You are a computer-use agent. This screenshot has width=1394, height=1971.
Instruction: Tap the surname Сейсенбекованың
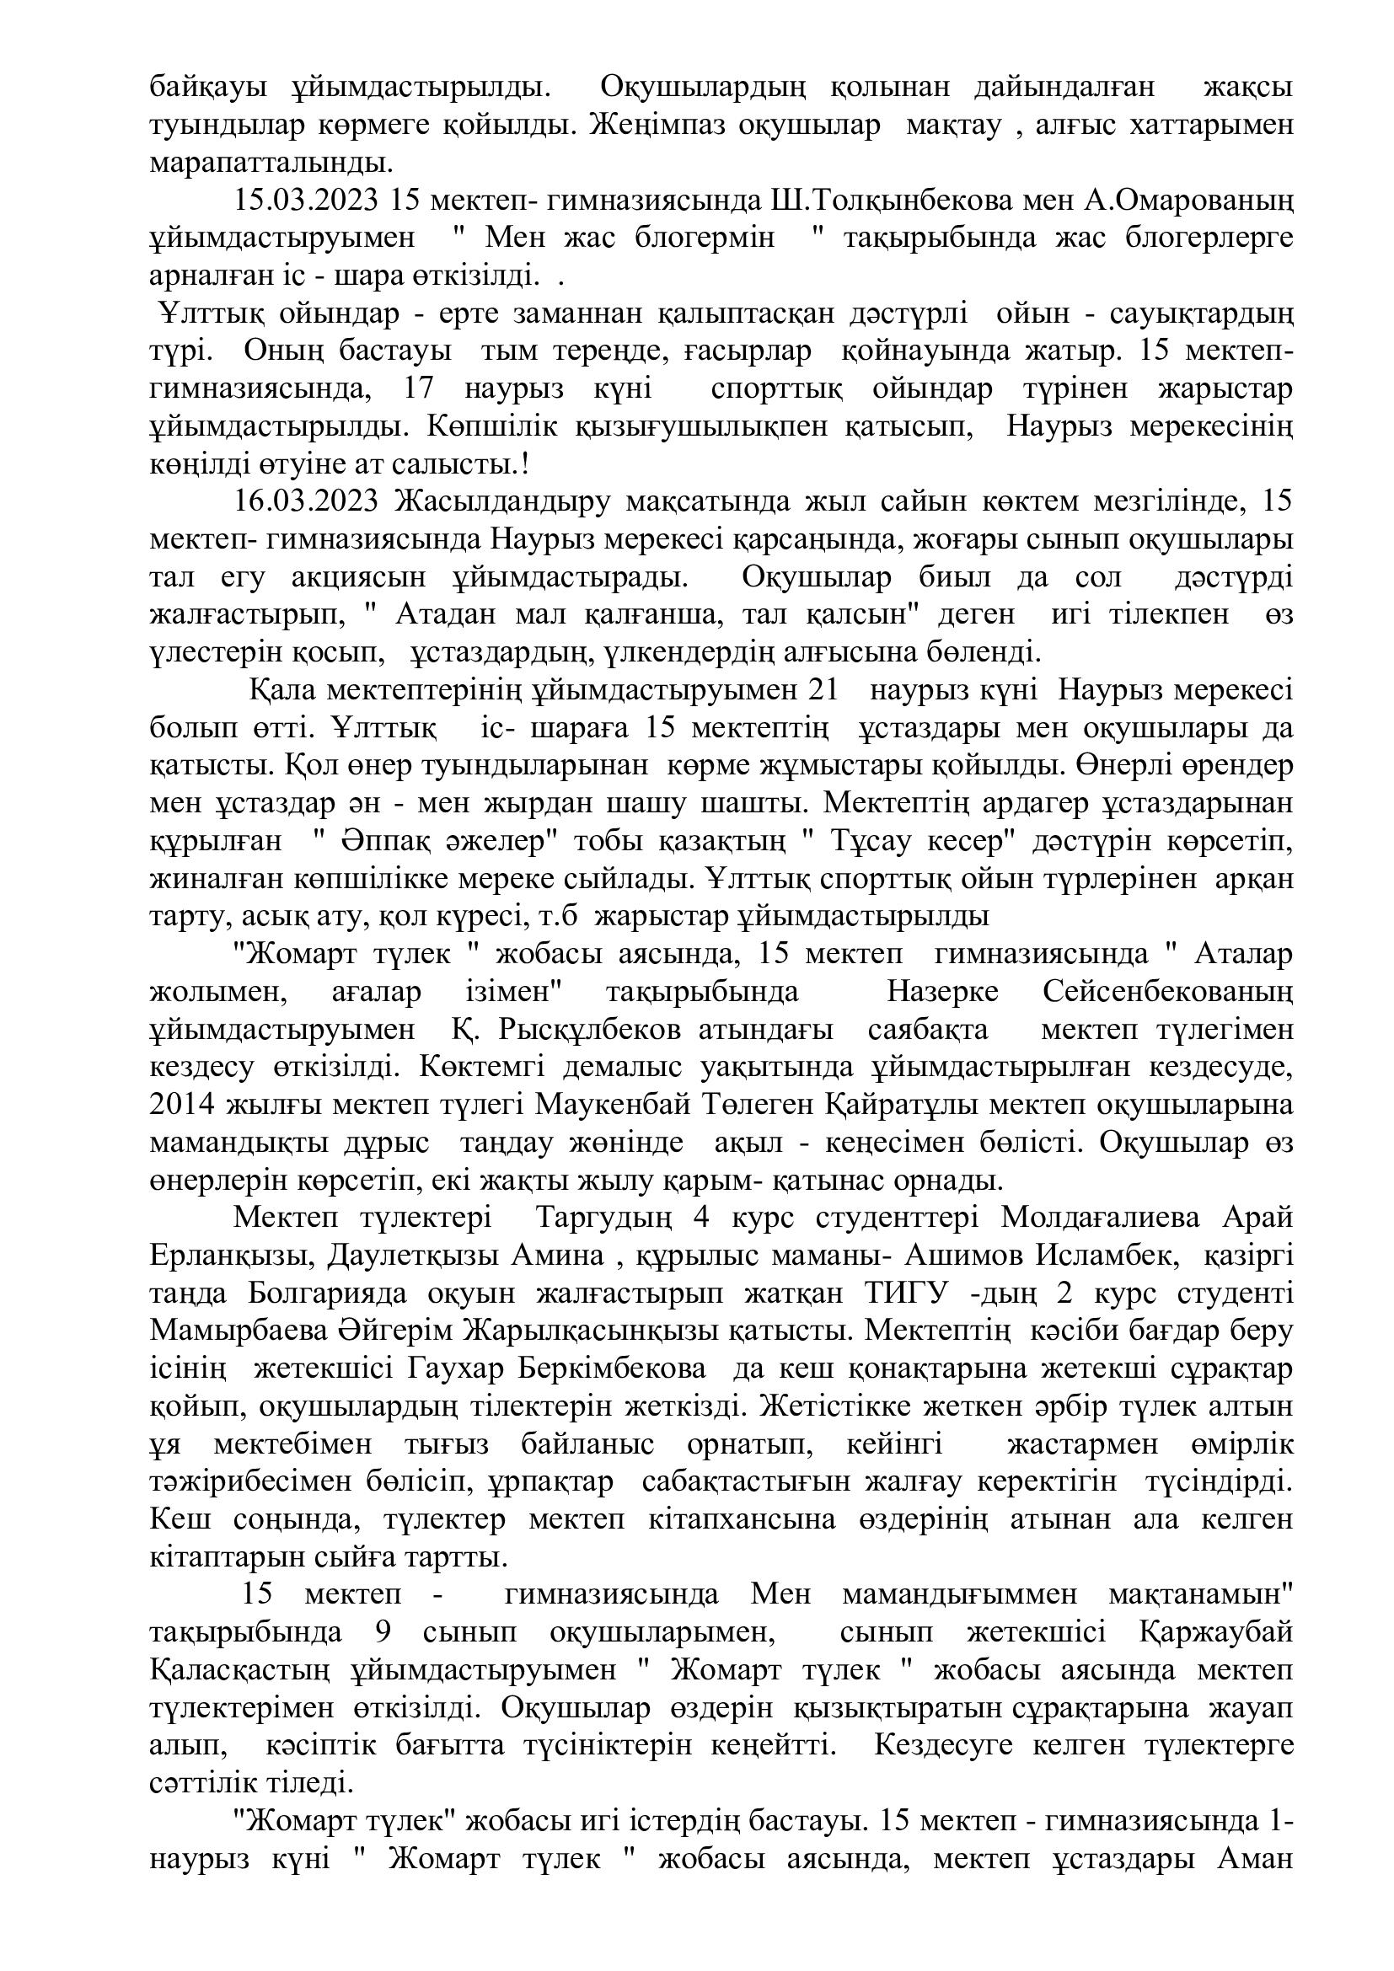[1168, 993]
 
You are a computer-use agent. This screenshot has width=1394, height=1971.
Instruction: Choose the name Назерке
[942, 993]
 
